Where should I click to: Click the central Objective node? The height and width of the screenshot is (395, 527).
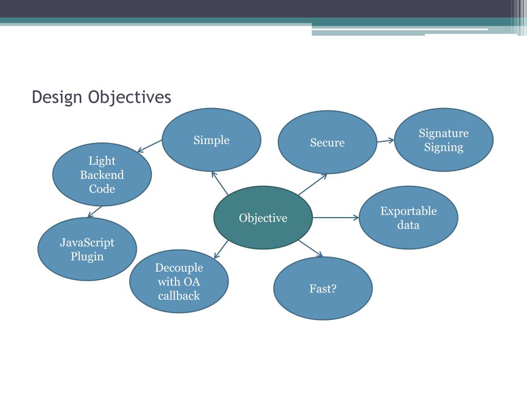pos(263,218)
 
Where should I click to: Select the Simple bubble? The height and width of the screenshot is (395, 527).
pos(212,140)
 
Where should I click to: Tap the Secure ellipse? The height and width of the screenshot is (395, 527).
pos(327,142)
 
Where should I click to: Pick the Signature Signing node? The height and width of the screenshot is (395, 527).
pos(444,140)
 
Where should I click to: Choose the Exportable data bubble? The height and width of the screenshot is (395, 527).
pos(408,218)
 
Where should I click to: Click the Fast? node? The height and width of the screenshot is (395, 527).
pos(323,289)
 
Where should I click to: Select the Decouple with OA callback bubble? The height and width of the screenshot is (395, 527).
pos(179,281)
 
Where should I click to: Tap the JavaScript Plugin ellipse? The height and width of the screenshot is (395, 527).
pos(87,249)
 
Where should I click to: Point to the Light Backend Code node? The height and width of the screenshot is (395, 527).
pos(102,175)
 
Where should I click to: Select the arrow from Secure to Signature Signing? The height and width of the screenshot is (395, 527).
pos(385,140)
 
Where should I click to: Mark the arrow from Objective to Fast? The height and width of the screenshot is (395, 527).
pos(310,248)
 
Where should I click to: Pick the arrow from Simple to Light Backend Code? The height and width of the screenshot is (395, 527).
pos(150,146)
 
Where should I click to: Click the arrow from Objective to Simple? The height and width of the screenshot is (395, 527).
pos(220,183)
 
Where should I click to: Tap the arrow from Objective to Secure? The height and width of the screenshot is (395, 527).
pos(312,184)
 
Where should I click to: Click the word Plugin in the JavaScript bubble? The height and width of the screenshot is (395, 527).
pos(87,256)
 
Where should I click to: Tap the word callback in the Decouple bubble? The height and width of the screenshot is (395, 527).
pos(179,296)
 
